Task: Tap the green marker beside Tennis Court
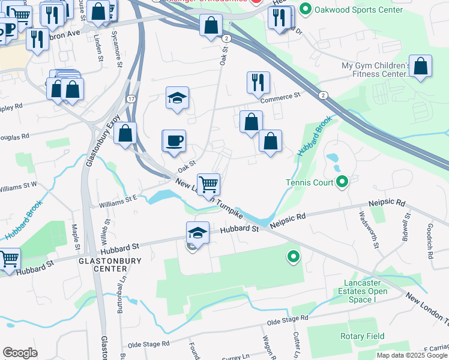pos(342,181)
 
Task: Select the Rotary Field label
pos(362,336)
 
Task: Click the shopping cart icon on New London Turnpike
pos(208,184)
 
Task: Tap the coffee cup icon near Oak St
pos(175,141)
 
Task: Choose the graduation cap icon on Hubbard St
pos(198,232)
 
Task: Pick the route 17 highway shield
pos(131,98)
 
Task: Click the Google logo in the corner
pos(20,353)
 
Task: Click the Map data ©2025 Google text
pos(411,355)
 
